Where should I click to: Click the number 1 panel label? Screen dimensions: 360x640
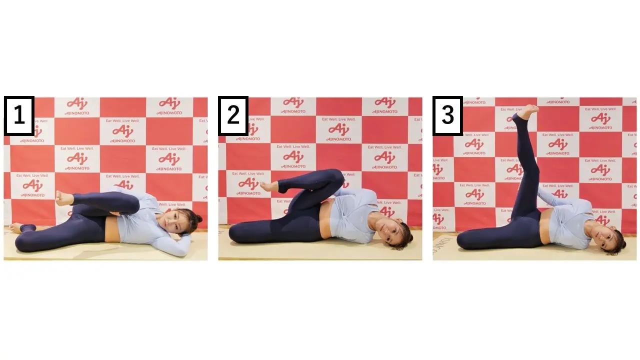pos(19,116)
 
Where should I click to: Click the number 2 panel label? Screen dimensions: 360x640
pos(233,116)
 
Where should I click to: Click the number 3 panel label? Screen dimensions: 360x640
pos(447,116)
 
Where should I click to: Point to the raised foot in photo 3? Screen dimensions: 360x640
pos(527,111)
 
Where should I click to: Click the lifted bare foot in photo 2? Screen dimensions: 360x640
pos(268,186)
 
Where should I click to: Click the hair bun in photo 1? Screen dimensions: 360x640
pos(198,218)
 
